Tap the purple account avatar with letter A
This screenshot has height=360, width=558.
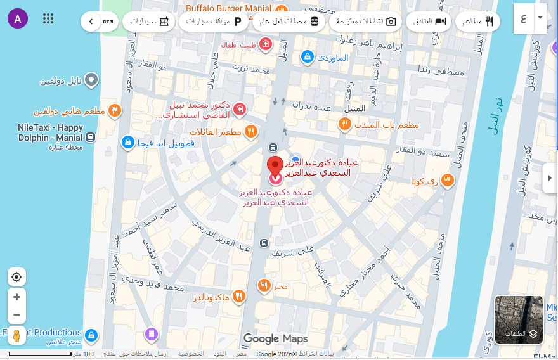click(18, 18)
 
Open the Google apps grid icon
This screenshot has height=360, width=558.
click(48, 18)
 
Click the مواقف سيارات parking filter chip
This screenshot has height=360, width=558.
click(214, 22)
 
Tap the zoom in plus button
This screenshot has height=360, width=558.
click(17, 297)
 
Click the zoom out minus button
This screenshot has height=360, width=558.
click(17, 314)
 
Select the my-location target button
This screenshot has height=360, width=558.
click(17, 277)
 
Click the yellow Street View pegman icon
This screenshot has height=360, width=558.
click(17, 335)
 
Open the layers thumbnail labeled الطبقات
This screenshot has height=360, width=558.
click(519, 319)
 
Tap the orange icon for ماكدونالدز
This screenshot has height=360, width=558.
click(239, 296)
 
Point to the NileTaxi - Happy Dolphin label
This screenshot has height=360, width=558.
click(49, 132)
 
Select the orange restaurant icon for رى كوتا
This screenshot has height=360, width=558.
click(447, 181)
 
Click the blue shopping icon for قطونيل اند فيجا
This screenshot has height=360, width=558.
click(127, 143)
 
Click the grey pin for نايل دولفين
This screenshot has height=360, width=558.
click(92, 80)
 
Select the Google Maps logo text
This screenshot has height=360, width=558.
click(276, 338)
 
